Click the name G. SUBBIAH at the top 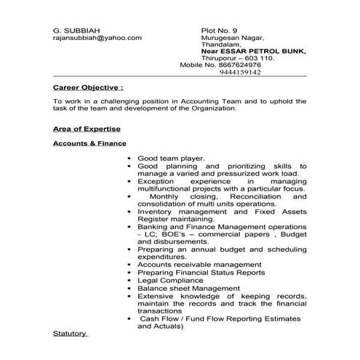(x=72, y=30)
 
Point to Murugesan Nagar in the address (x=232, y=38)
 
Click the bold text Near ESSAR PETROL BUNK (x=254, y=52)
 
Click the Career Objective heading (x=87, y=86)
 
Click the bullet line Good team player (x=171, y=158)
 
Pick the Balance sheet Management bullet (x=188, y=289)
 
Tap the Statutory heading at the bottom (x=70, y=333)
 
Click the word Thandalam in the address (x=220, y=44)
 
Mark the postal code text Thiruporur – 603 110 (x=237, y=58)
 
